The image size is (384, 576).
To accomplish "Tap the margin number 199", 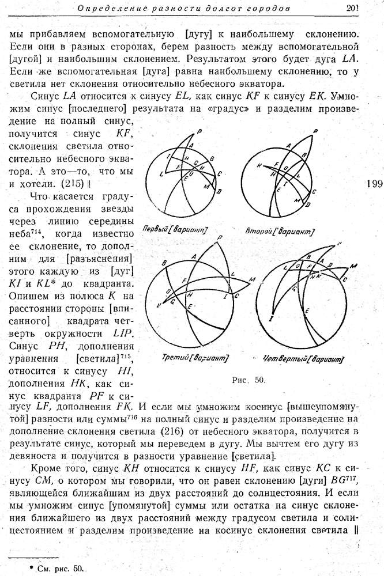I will point(374,184).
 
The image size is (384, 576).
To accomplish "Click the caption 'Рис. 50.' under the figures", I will point(247,380).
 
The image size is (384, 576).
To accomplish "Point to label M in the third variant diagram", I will point(252,280).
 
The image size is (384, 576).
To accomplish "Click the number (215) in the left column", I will point(73,183).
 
